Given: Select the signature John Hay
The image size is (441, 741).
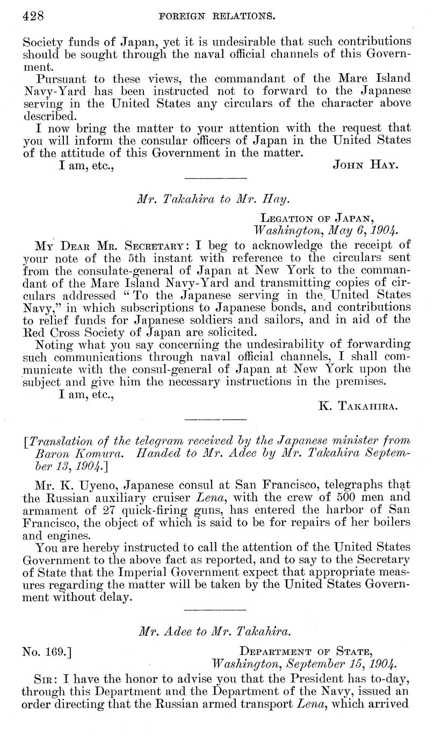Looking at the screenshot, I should [x=365, y=165].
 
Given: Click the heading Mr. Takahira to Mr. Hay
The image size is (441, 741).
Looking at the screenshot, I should [x=214, y=200].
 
